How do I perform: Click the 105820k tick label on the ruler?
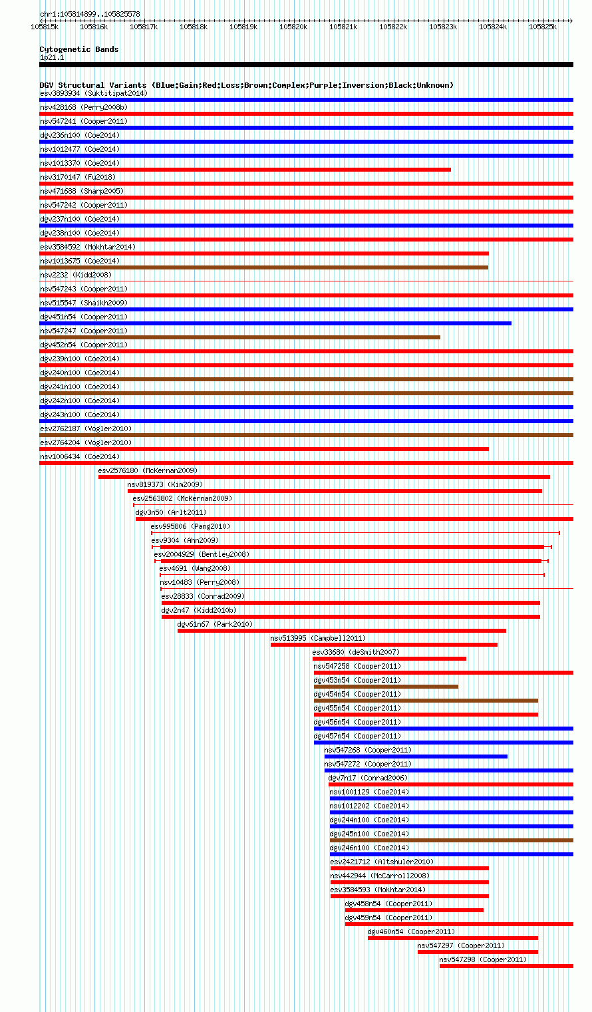pyautogui.click(x=293, y=27)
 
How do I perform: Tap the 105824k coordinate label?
pyautogui.click(x=493, y=27)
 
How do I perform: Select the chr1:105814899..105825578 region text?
pyautogui.click(x=90, y=14)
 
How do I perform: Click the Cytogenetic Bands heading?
pyautogui.click(x=79, y=49)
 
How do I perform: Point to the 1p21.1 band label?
pyautogui.click(x=52, y=58)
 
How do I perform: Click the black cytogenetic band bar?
pyautogui.click(x=306, y=65)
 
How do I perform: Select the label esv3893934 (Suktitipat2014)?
pyautogui.click(x=94, y=94)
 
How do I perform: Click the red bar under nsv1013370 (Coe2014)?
pyautogui.click(x=245, y=170)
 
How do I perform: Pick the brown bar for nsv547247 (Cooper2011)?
pyautogui.click(x=239, y=337)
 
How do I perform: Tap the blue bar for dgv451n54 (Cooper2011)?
pyautogui.click(x=275, y=323)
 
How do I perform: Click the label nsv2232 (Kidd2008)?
pyautogui.click(x=75, y=275)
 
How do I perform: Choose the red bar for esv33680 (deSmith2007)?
pyautogui.click(x=389, y=659)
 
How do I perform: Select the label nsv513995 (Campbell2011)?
pyautogui.click(x=318, y=638)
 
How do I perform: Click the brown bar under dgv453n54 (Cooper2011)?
pyautogui.click(x=386, y=687)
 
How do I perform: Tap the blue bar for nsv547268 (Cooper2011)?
pyautogui.click(x=416, y=757)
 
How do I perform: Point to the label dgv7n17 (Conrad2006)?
pyautogui.click(x=368, y=778)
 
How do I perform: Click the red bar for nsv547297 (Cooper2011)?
pyautogui.click(x=478, y=952)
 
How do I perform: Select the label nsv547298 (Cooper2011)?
pyautogui.click(x=483, y=959)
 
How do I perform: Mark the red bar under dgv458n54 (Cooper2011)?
pyautogui.click(x=414, y=910)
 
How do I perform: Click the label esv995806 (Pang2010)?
pyautogui.click(x=190, y=527)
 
